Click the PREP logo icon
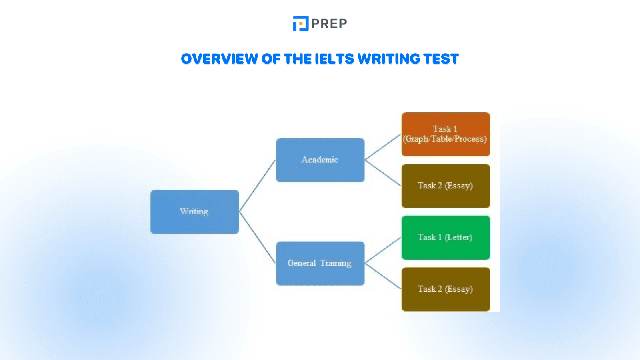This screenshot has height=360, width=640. pos(301,24)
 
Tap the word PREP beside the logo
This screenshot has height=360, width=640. pos(329,24)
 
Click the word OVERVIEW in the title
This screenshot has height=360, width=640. pos(219,59)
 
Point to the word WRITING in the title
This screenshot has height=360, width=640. pos(388,59)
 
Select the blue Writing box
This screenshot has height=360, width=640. pos(194,212)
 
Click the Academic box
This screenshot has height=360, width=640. pos(320,160)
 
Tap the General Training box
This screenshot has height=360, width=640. pos(320,263)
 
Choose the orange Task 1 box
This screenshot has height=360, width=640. pos(446,134)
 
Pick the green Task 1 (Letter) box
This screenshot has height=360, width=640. pos(446,238)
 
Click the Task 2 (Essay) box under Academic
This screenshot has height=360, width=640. pos(446,186)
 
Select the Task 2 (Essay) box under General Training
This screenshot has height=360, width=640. pos(446,289)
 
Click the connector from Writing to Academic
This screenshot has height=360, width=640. pos(257,186)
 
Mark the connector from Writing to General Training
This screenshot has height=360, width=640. pos(257,237)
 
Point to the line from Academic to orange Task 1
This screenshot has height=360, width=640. pos(383,147)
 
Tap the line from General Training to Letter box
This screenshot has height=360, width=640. pos(383,250)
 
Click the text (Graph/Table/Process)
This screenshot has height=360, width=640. pos(445,139)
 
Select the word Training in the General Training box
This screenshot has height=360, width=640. pos(336,263)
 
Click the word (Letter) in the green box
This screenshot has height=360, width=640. pos(458,238)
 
